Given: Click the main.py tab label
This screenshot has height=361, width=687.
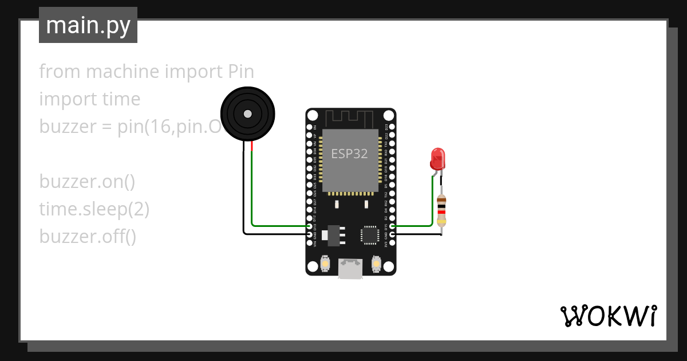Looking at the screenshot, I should click(88, 26).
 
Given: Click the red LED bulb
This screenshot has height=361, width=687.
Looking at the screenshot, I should click(437, 158).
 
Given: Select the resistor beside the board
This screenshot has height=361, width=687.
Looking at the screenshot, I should click(441, 211).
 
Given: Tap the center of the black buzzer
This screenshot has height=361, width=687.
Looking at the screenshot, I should click(247, 114).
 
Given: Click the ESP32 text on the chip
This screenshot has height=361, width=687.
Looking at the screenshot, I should click(349, 154).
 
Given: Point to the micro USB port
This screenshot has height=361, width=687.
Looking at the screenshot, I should click(350, 268).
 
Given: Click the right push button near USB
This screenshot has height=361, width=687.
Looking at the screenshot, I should click(376, 264).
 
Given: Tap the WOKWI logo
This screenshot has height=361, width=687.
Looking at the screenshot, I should click(608, 316).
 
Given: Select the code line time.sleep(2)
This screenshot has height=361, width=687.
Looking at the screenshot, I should click(94, 209).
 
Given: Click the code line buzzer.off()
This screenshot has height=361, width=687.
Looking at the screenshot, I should click(88, 236).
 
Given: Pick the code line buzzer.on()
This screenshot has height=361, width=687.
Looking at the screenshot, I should click(87, 182).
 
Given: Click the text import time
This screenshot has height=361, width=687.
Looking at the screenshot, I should click(90, 99).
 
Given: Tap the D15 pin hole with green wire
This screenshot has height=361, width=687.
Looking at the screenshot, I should click(392, 226).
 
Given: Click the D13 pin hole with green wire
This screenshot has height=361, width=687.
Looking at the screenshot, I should click(310, 226).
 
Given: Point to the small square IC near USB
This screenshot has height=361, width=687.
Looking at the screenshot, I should click(370, 235).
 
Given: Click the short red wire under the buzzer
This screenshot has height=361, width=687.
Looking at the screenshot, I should click(252, 148).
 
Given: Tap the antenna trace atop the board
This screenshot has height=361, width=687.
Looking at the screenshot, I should click(350, 118).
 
